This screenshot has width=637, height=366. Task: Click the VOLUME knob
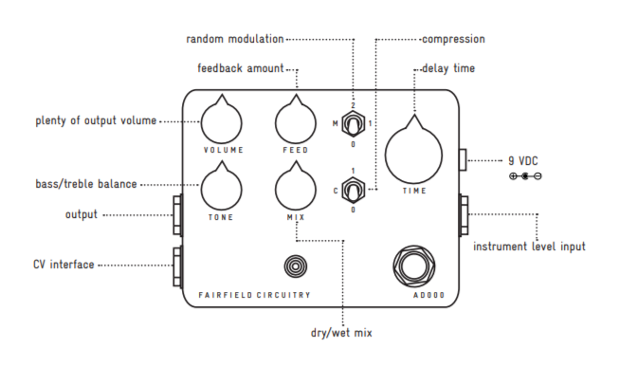click(222, 121)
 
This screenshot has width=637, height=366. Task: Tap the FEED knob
click(296, 121)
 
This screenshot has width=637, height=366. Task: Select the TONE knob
click(222, 188)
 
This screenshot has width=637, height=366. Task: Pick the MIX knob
click(296, 188)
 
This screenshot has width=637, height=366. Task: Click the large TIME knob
click(413, 154)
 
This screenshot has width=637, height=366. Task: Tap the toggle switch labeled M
click(353, 123)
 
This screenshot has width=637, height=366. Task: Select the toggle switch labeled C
click(353, 190)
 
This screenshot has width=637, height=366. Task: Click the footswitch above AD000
click(414, 266)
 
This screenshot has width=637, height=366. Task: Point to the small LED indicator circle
click(296, 266)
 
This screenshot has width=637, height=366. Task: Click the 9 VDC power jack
click(463, 159)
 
